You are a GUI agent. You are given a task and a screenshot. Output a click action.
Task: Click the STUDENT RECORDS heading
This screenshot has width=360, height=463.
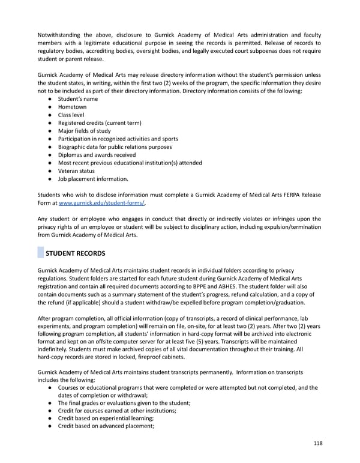[x=75, y=253]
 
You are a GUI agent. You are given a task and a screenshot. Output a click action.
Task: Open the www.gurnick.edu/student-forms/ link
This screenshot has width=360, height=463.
[x=101, y=204]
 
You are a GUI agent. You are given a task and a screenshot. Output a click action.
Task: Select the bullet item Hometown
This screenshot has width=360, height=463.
[x=72, y=107]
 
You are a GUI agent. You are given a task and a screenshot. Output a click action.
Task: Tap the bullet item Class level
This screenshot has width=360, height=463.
[x=71, y=115]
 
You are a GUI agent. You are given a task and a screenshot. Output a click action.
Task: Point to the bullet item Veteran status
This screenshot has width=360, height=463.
[x=76, y=170]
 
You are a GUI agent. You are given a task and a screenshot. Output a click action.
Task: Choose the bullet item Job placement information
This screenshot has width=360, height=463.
[x=92, y=178]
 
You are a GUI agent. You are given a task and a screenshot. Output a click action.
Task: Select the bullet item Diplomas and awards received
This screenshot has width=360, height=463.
[x=97, y=154]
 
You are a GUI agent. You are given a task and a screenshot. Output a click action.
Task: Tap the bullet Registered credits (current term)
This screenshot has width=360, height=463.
[x=99, y=123]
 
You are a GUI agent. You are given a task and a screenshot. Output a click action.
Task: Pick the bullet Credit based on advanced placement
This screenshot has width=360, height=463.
[x=106, y=426]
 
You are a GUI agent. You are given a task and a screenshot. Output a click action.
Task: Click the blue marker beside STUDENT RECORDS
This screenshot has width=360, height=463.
[x=40, y=253]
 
